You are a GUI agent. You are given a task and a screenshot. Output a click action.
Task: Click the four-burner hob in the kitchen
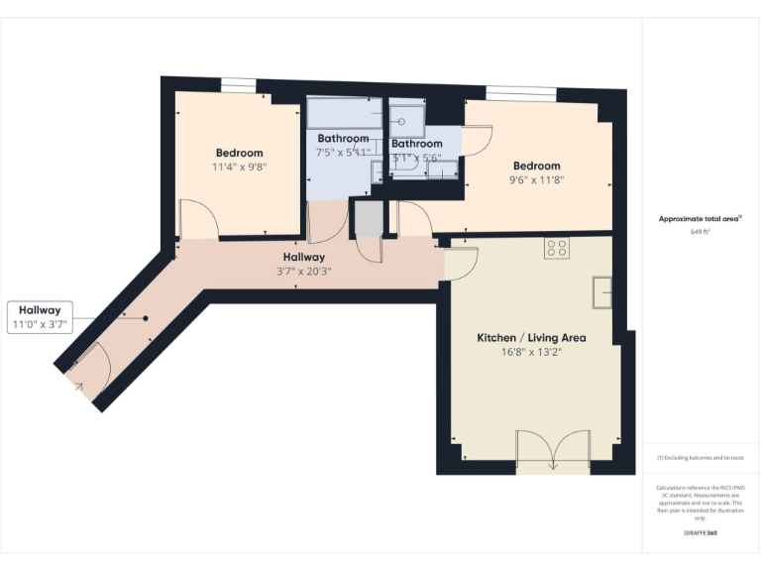(x=555, y=249)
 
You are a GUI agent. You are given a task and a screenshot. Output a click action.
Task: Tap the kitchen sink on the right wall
(x=601, y=292)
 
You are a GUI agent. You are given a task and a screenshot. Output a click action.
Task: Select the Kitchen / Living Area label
(x=531, y=338)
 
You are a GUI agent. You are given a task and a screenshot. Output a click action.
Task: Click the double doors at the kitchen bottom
(x=553, y=448)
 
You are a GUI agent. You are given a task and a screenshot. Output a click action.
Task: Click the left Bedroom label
(x=239, y=153)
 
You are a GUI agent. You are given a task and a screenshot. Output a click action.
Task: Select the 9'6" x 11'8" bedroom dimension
(x=536, y=180)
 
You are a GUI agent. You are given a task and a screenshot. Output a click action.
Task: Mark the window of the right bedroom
(x=520, y=94)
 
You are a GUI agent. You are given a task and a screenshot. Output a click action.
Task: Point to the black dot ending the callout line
(x=145, y=318)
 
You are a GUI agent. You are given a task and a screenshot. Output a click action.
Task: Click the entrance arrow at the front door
(x=77, y=387)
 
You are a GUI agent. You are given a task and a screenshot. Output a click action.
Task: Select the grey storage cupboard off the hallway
(x=368, y=219)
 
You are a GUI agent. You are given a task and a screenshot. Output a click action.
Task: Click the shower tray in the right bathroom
(x=405, y=120)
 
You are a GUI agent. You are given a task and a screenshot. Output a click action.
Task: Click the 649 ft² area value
(x=701, y=232)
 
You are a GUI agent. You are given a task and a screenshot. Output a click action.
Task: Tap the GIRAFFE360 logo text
(x=700, y=534)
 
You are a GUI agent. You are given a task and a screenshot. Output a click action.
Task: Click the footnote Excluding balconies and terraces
(x=701, y=458)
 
